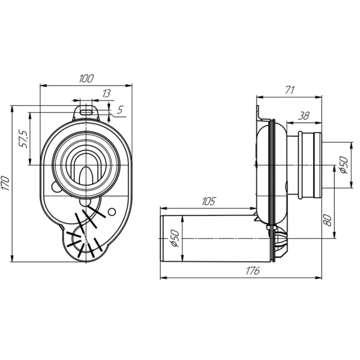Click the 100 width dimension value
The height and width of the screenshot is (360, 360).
coord(86,79)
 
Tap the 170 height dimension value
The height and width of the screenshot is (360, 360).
coord(6,183)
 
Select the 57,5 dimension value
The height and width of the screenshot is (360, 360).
coord(24,139)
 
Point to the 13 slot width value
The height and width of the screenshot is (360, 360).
coord(106,93)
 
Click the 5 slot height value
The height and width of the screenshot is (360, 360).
coord(120,110)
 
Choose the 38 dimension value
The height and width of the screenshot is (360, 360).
coord(304,116)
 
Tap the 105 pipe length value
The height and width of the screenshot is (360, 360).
coord(209,202)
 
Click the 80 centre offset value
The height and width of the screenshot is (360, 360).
coord(328,220)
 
